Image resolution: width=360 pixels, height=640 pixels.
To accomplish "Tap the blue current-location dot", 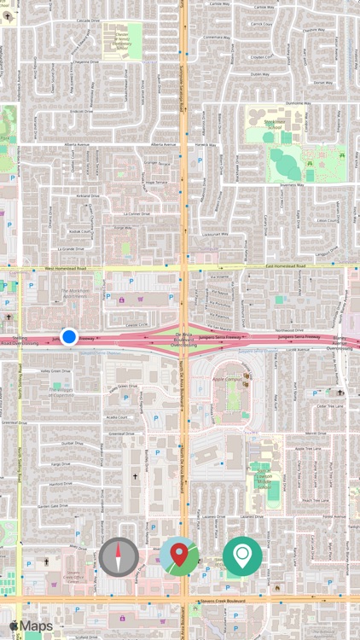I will click(x=69, y=337).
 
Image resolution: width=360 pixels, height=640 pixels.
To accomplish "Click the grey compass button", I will click(x=119, y=556).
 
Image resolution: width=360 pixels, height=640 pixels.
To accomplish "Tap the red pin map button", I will click(x=179, y=556).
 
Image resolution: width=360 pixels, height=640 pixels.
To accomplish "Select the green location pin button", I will click(x=242, y=556).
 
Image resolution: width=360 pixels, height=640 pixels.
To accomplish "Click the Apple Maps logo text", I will click(x=32, y=626).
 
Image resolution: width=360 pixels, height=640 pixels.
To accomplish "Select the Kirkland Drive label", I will click(x=88, y=195).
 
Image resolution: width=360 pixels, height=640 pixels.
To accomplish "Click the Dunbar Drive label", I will click(x=72, y=444).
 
